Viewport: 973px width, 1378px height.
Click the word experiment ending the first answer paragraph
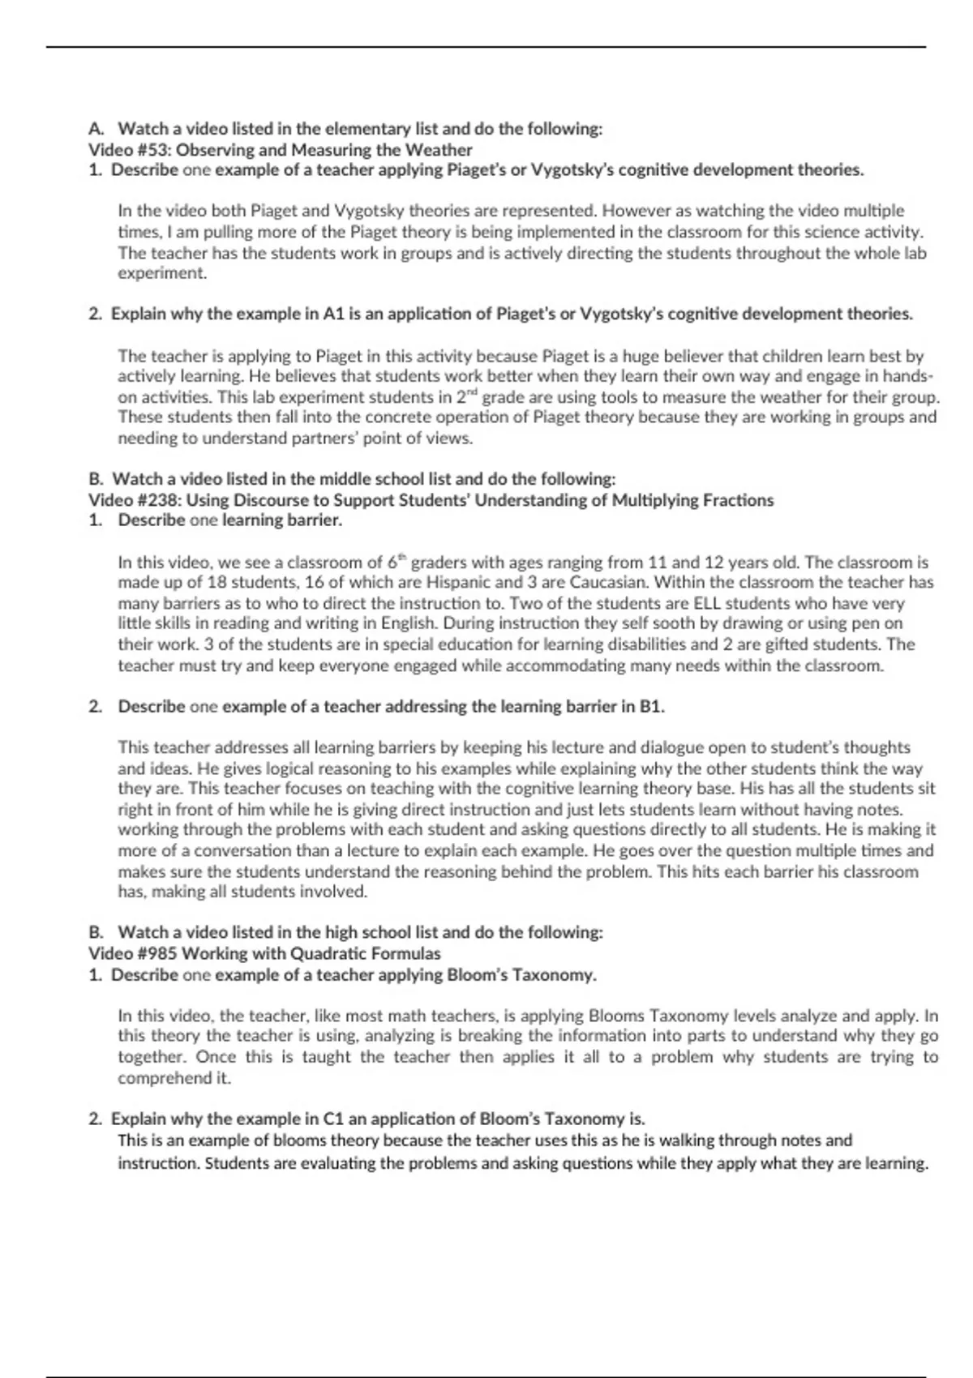click(161, 273)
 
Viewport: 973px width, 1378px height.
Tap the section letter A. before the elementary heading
click(97, 129)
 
